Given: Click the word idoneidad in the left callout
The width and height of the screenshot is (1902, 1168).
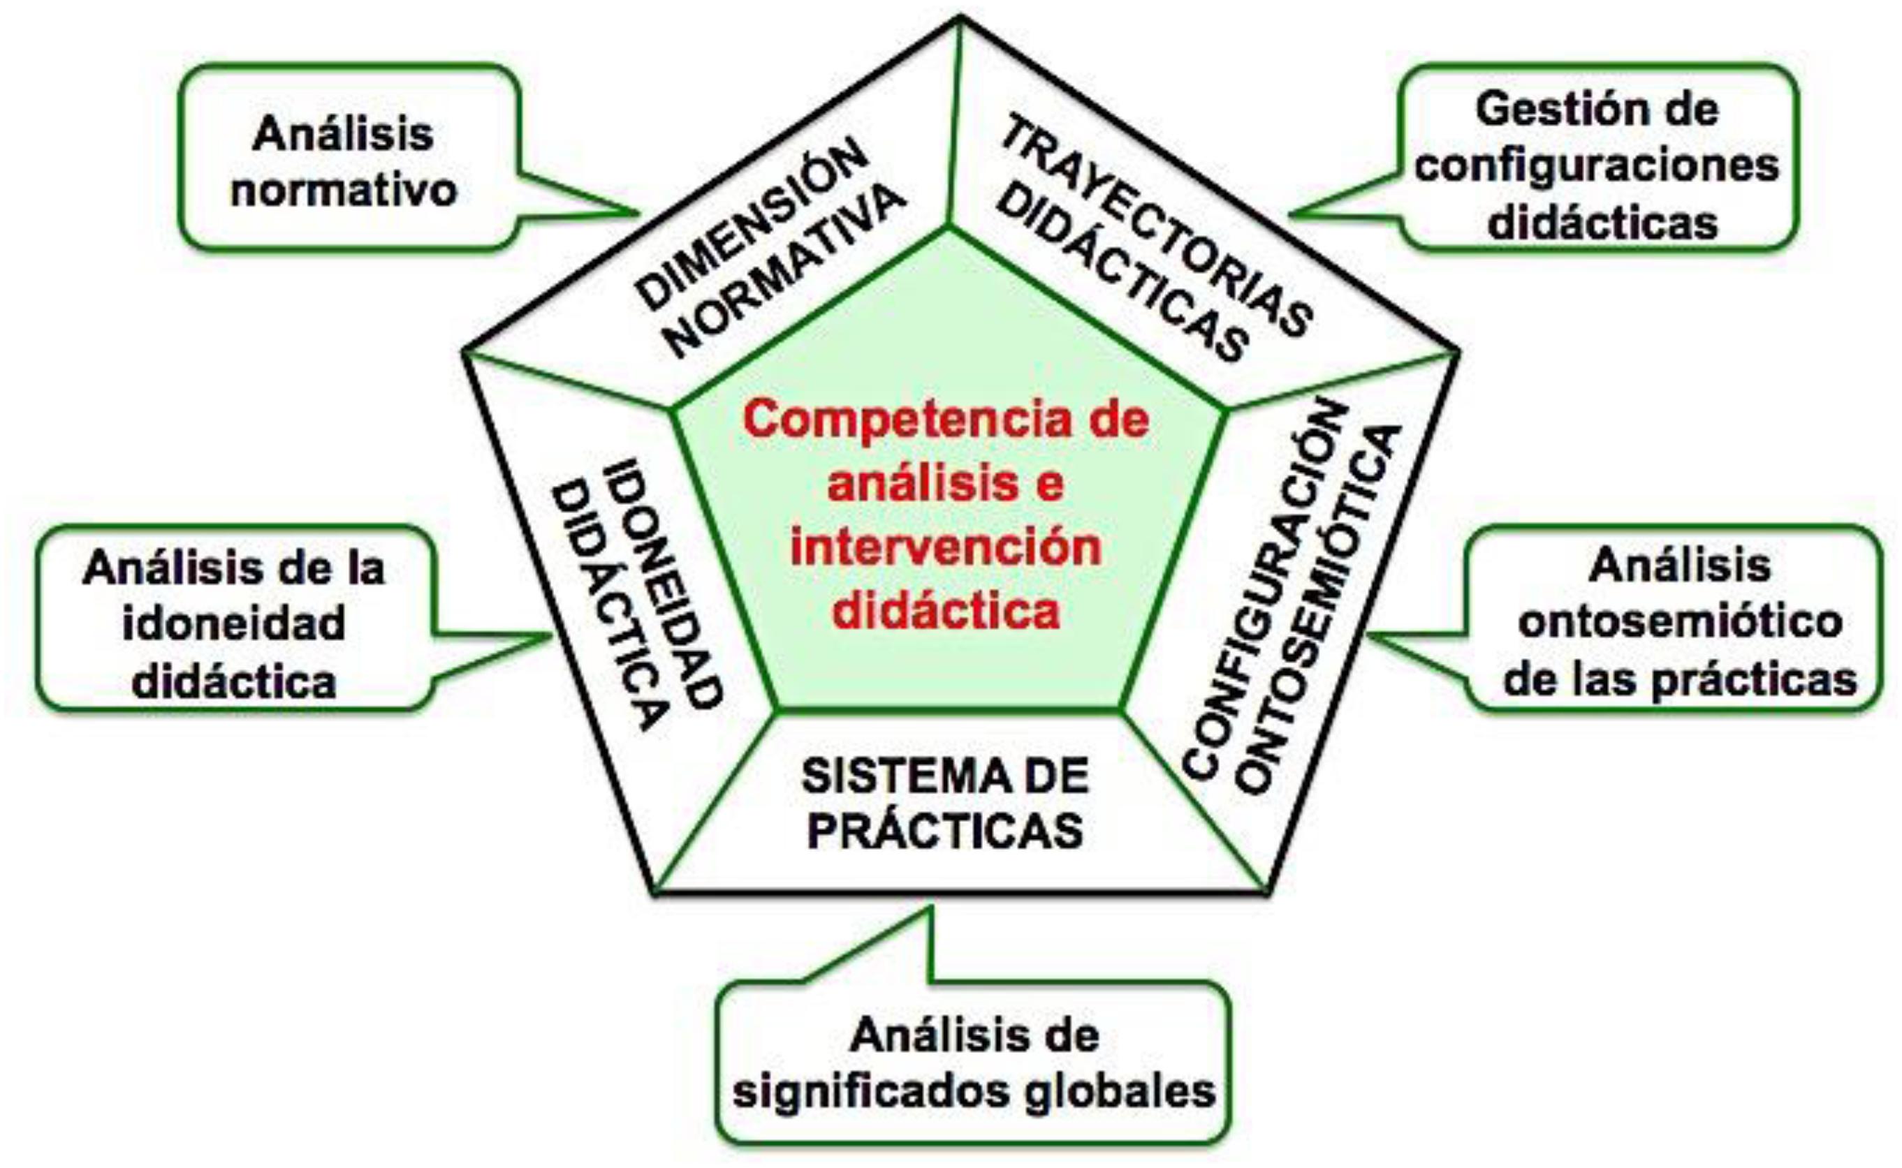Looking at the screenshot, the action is coord(233,624).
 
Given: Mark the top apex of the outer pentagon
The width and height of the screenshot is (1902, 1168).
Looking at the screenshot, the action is coord(960,17).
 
